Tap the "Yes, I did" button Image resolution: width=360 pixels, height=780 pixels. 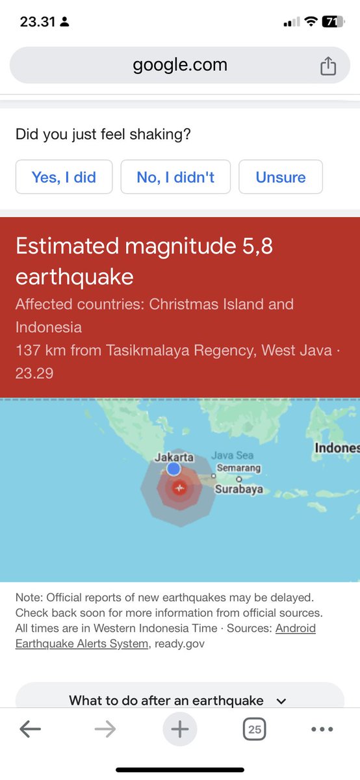64,177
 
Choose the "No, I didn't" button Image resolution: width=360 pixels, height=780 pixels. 175,177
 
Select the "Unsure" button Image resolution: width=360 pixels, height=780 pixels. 281,177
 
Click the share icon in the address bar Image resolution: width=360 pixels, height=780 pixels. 328,66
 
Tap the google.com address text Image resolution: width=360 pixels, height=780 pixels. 180,65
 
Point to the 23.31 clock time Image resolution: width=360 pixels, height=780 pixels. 37,21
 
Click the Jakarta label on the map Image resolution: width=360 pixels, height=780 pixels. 174,458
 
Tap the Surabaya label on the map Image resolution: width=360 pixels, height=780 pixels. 238,489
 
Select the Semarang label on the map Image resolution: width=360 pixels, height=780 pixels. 238,468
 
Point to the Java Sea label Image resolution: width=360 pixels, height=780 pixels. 232,456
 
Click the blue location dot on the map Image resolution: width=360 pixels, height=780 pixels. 174,469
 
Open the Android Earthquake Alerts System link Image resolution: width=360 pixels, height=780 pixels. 166,635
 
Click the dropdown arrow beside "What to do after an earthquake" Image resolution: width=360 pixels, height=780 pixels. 281,701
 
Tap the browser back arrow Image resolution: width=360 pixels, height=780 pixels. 30,729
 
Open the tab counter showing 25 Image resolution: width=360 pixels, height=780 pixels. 255,729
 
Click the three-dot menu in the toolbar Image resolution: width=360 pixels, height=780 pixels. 322,729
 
